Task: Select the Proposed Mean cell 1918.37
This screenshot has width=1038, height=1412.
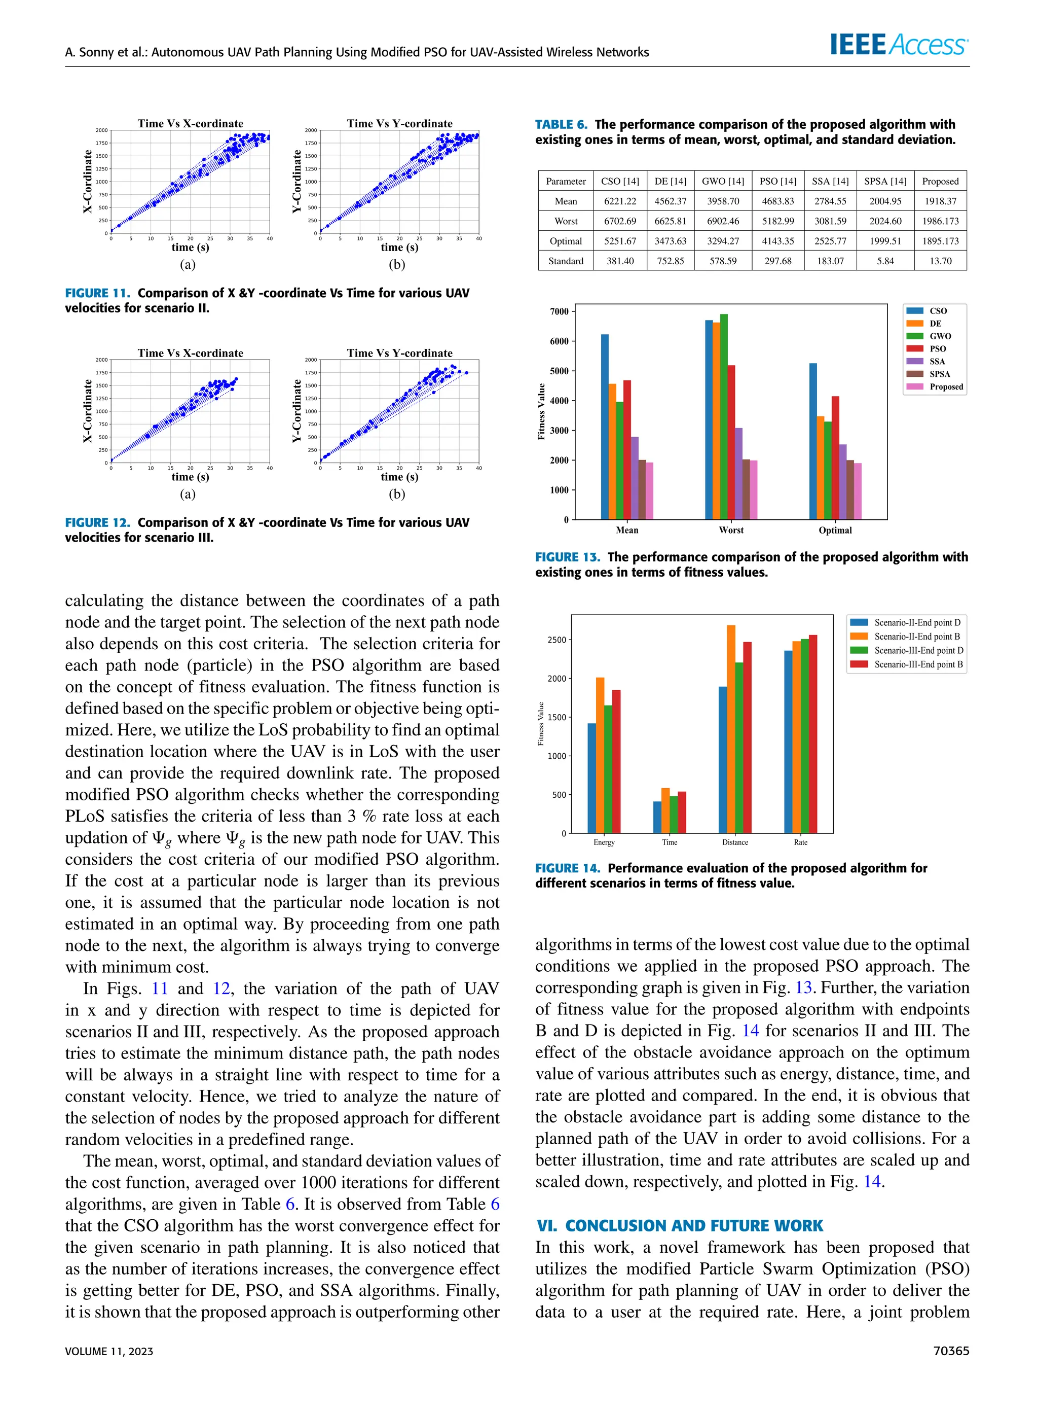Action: (x=940, y=201)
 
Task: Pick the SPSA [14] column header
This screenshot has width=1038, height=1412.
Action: (x=885, y=181)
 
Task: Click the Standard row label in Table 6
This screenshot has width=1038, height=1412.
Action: (x=566, y=261)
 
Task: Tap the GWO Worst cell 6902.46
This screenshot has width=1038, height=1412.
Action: (x=723, y=221)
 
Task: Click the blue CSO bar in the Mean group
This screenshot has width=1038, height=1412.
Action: (x=605, y=428)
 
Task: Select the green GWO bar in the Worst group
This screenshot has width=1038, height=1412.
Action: (x=724, y=416)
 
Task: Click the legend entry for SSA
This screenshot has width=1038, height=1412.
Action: (x=936, y=362)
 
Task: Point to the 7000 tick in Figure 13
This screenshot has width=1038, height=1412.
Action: (x=559, y=311)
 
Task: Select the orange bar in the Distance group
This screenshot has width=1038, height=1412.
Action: (x=731, y=729)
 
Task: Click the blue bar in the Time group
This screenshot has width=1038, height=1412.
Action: (x=657, y=817)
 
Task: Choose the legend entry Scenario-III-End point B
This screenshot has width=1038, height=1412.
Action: (x=918, y=664)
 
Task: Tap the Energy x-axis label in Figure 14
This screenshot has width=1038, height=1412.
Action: (x=604, y=842)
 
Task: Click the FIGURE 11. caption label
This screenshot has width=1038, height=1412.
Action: (x=97, y=293)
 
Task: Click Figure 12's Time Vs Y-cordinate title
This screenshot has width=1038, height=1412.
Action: (x=399, y=354)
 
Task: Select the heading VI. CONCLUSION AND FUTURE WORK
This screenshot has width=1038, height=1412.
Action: (x=679, y=1225)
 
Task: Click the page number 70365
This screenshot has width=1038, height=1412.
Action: (x=951, y=1351)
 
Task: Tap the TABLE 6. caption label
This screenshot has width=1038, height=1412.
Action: (x=561, y=124)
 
